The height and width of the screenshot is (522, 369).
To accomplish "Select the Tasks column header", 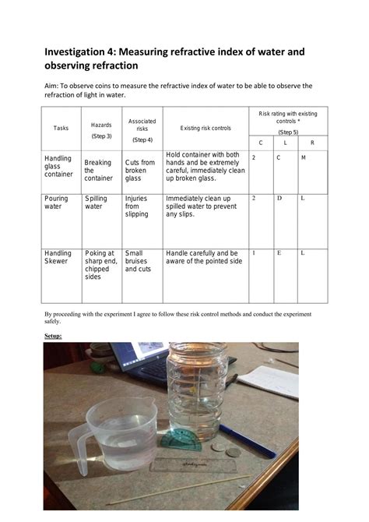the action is coord(61,128).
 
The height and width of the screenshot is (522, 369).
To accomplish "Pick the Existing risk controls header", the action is coord(206,128).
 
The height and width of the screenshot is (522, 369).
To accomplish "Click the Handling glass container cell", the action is coord(58,166).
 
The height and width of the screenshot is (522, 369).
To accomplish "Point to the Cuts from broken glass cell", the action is coord(139,170).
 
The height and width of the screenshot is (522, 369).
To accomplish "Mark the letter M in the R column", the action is coord(303,158).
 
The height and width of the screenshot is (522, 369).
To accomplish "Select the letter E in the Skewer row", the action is coord(279,253).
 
